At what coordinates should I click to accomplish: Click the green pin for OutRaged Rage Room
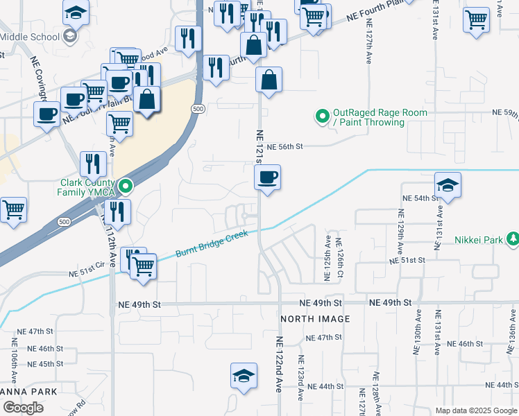tap(322, 116)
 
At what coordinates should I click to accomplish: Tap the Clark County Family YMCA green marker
tap(126, 186)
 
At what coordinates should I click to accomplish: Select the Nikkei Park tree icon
tap(513, 239)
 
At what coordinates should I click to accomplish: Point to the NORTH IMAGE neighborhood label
tap(315, 319)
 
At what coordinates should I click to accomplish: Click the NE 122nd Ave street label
tap(280, 365)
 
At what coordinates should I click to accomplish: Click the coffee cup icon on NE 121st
tap(267, 179)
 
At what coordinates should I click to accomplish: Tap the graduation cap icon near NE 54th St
tap(448, 186)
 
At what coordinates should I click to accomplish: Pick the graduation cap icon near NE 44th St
tap(244, 376)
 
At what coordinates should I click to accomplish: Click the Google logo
tap(22, 408)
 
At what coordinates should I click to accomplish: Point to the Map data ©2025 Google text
tap(475, 410)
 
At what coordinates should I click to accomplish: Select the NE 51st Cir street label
tap(86, 274)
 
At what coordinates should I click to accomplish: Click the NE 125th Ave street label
tap(327, 258)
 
